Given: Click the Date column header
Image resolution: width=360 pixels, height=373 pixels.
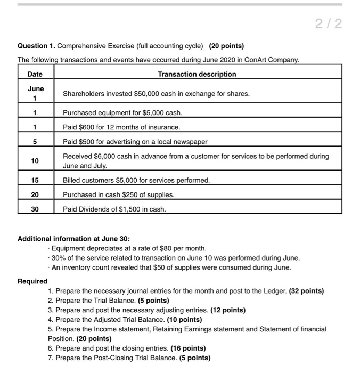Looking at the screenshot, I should (35, 74).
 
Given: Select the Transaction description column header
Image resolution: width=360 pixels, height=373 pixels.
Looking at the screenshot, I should (197, 74).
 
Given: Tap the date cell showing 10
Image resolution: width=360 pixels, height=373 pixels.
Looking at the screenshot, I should (35, 160).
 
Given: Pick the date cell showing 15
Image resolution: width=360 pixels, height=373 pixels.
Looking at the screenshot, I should (35, 181).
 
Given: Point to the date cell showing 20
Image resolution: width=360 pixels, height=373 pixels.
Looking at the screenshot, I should (35, 195).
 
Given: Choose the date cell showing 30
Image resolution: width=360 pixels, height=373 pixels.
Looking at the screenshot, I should (35, 209).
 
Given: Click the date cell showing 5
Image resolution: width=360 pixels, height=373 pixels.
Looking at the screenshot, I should (35, 142).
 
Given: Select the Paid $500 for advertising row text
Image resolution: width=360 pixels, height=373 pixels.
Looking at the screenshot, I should (135, 142).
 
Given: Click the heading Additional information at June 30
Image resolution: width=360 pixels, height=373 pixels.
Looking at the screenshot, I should (74, 238).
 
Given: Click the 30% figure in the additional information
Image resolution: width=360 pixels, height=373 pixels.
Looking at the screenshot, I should (59, 258).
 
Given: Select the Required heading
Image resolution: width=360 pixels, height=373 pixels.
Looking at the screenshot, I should (32, 281).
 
